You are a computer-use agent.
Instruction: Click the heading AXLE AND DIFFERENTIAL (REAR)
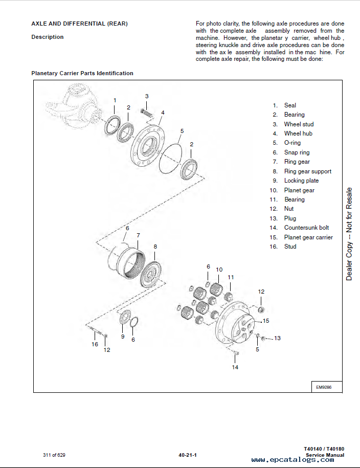79,24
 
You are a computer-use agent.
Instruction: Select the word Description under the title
48,37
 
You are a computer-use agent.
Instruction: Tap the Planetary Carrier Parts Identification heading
82,73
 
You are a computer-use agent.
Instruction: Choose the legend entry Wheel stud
299,124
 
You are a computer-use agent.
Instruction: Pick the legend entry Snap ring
297,152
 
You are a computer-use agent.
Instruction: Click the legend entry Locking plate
301,181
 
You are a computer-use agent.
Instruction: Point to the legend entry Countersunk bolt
306,228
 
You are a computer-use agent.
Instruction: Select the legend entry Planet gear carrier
308,237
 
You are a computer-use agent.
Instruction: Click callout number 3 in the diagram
147,96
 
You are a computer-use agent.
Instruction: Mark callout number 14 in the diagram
235,367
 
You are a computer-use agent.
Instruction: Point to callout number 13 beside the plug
277,338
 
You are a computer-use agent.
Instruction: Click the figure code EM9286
324,387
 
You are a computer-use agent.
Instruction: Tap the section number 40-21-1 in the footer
188,455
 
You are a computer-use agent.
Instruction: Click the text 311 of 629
54,455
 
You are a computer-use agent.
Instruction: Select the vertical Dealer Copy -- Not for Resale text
349,234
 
